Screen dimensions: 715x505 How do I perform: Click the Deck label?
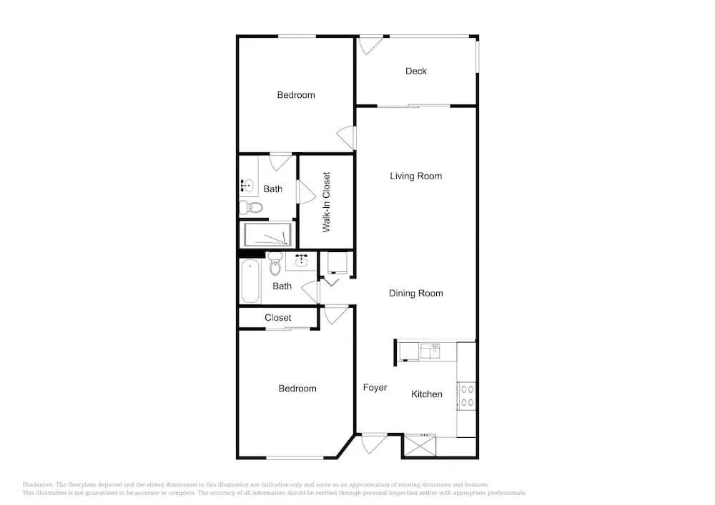point(416,71)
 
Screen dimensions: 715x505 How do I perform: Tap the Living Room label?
point(416,176)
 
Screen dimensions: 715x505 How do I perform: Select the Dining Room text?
point(416,294)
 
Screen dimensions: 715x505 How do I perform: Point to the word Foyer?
point(375,388)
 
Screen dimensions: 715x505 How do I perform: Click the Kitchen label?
point(427,394)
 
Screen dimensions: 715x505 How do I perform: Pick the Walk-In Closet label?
point(327,202)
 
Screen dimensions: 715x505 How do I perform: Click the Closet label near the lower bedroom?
point(277,318)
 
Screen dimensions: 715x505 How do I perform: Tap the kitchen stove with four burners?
point(467,396)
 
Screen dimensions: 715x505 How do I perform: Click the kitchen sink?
point(430,351)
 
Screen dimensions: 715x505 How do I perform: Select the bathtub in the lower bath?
point(250,281)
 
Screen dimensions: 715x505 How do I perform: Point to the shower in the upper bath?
point(267,234)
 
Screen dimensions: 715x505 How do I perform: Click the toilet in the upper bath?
point(251,208)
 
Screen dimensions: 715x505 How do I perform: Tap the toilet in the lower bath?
point(275,264)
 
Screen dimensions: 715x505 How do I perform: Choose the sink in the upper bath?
point(247,185)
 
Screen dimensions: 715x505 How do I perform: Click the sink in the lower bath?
point(301,261)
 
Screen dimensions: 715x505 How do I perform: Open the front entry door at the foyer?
point(374,444)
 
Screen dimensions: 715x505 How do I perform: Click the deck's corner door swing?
point(370,46)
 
